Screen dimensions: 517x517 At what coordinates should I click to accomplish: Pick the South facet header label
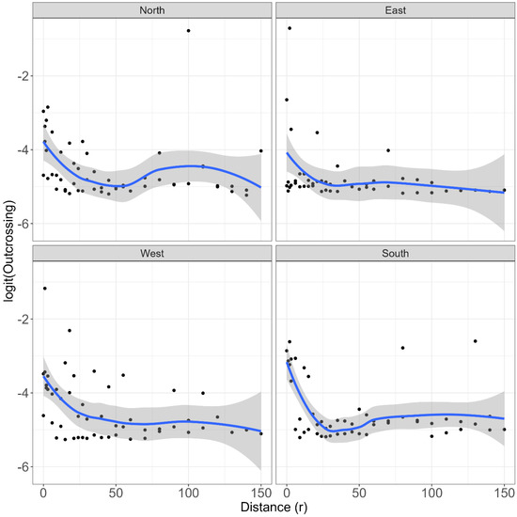click(x=395, y=252)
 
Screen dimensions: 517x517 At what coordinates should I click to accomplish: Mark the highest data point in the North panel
click(x=189, y=31)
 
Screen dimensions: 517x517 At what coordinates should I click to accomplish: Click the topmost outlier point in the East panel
click(x=290, y=28)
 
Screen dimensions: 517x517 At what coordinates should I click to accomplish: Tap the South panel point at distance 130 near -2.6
click(x=476, y=341)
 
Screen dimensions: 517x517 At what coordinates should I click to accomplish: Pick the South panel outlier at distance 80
click(x=403, y=348)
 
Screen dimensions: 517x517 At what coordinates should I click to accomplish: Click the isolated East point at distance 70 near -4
click(x=388, y=149)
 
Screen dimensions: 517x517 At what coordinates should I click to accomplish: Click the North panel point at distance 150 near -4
click(x=260, y=150)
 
